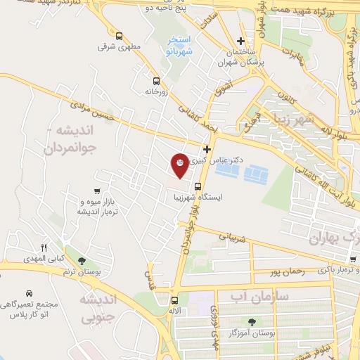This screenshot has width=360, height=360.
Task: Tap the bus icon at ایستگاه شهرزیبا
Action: [198, 187]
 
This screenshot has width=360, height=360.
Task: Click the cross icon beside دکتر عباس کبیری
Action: [207, 149]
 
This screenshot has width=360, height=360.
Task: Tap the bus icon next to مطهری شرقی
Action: [119, 36]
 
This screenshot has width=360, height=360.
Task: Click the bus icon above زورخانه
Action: [156, 80]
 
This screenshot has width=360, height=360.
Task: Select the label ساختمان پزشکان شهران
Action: [239, 58]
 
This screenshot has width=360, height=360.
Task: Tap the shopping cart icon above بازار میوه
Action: [97, 191]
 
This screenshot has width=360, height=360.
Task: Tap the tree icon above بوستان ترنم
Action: [82, 260]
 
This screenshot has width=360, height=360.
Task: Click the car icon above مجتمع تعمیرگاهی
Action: [28, 292]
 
